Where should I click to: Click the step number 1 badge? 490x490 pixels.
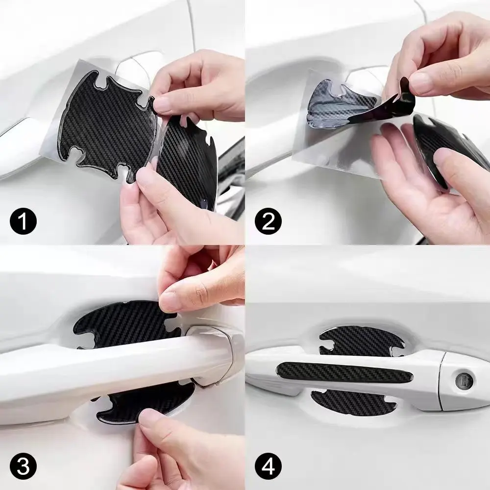[23, 221]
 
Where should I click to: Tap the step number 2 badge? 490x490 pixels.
[268, 221]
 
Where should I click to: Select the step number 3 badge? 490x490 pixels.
[23, 467]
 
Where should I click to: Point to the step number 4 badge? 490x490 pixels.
[268, 467]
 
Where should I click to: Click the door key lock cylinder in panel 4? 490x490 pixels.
[464, 381]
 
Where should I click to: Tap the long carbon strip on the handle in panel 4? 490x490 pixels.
[345, 373]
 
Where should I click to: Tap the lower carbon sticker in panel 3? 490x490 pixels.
[144, 406]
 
